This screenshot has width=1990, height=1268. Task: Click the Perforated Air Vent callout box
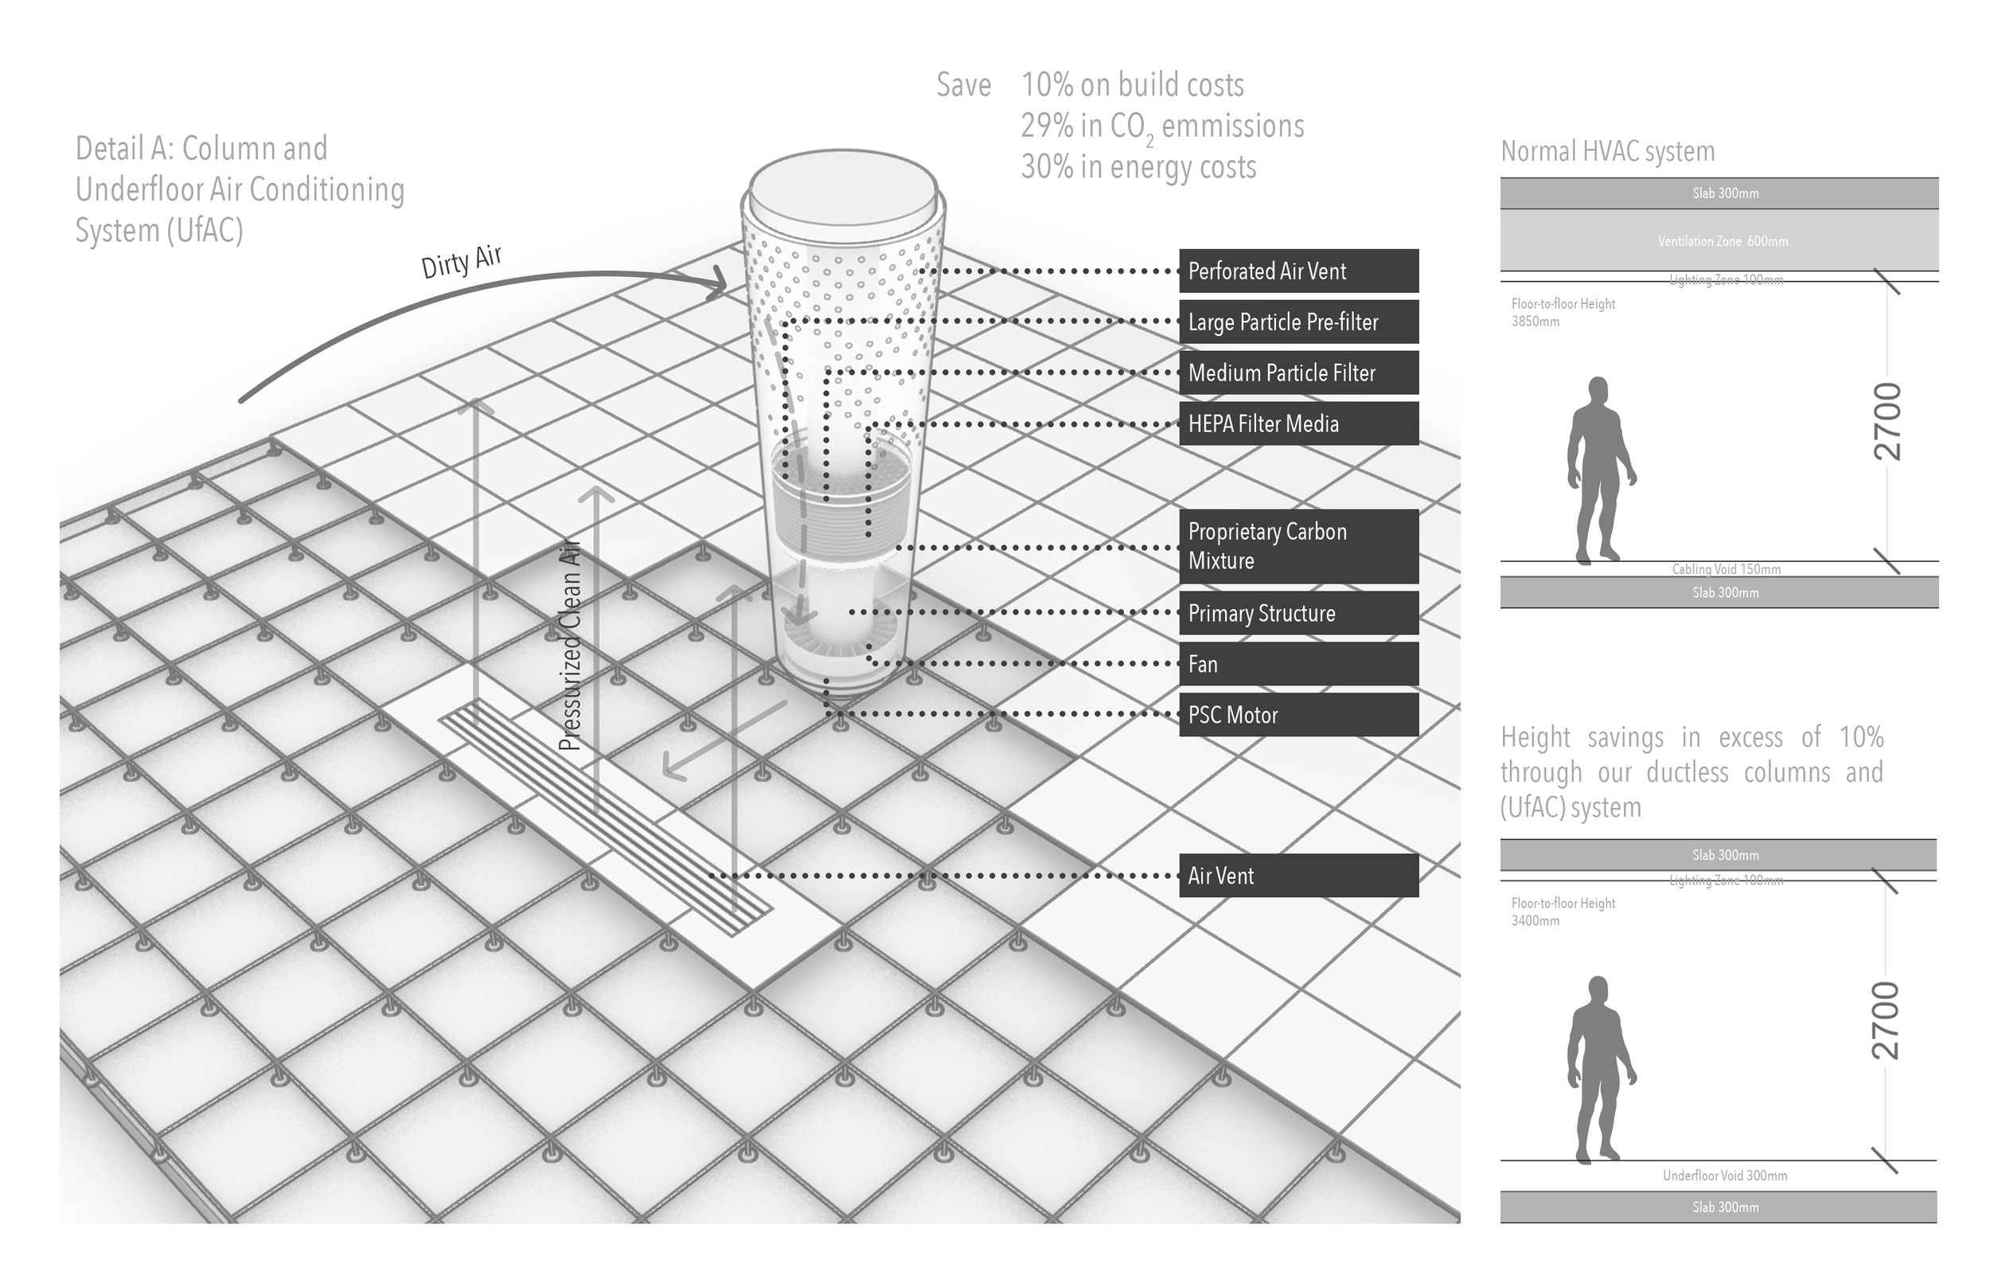[1297, 271]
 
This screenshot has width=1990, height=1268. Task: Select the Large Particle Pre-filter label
[1297, 322]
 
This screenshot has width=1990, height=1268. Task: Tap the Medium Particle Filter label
[1297, 373]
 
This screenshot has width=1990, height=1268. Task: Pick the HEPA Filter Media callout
[1297, 424]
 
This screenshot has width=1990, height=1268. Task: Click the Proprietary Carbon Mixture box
[1297, 546]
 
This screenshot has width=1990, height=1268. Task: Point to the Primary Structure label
[1297, 614]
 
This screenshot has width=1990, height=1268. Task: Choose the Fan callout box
[1297, 665]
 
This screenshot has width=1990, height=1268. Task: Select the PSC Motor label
[1297, 715]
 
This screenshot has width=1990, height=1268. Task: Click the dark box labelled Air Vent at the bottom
[1297, 876]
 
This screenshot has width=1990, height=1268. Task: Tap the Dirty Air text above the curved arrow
[461, 262]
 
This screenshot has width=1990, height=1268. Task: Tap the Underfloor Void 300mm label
[1725, 1176]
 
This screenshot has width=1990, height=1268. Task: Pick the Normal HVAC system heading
[1607, 151]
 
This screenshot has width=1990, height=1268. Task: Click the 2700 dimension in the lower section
[1887, 1020]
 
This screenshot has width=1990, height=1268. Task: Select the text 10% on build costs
[1132, 85]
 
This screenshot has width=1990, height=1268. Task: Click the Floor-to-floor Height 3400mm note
[1562, 911]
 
